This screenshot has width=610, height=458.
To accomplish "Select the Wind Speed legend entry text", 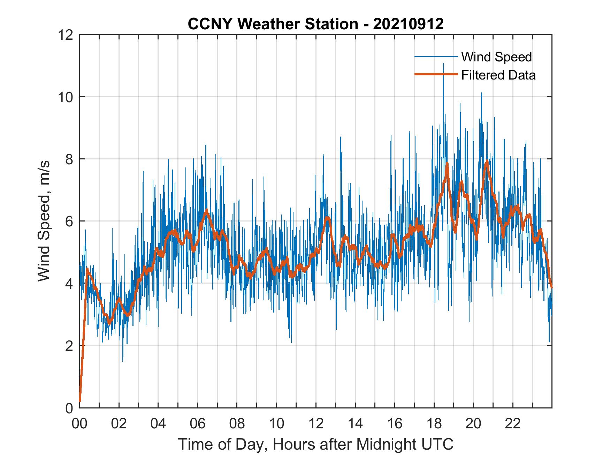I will pyautogui.click(x=496, y=57).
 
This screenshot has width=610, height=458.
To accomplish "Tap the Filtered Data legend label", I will pyautogui.click(x=498, y=75).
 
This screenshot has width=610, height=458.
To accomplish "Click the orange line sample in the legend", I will pyautogui.click(x=436, y=75).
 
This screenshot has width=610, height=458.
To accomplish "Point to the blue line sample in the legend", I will pyautogui.click(x=436, y=57).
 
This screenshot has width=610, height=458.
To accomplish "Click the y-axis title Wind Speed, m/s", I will pyautogui.click(x=44, y=221).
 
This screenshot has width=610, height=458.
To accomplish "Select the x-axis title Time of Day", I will pyautogui.click(x=315, y=444).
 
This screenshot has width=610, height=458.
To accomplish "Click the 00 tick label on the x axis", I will pyautogui.click(x=79, y=424).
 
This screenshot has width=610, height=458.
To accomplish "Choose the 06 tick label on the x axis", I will pyautogui.click(x=198, y=424).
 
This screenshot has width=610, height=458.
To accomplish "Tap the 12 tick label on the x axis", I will pyautogui.click(x=316, y=424).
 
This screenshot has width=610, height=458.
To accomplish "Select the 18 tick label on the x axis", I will pyautogui.click(x=434, y=424).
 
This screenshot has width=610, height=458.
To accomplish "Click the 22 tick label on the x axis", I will pyautogui.click(x=513, y=424).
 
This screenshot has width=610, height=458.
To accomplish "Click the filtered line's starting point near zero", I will pyautogui.click(x=80, y=401).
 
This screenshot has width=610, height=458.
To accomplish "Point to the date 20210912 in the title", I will pyautogui.click(x=408, y=24).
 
